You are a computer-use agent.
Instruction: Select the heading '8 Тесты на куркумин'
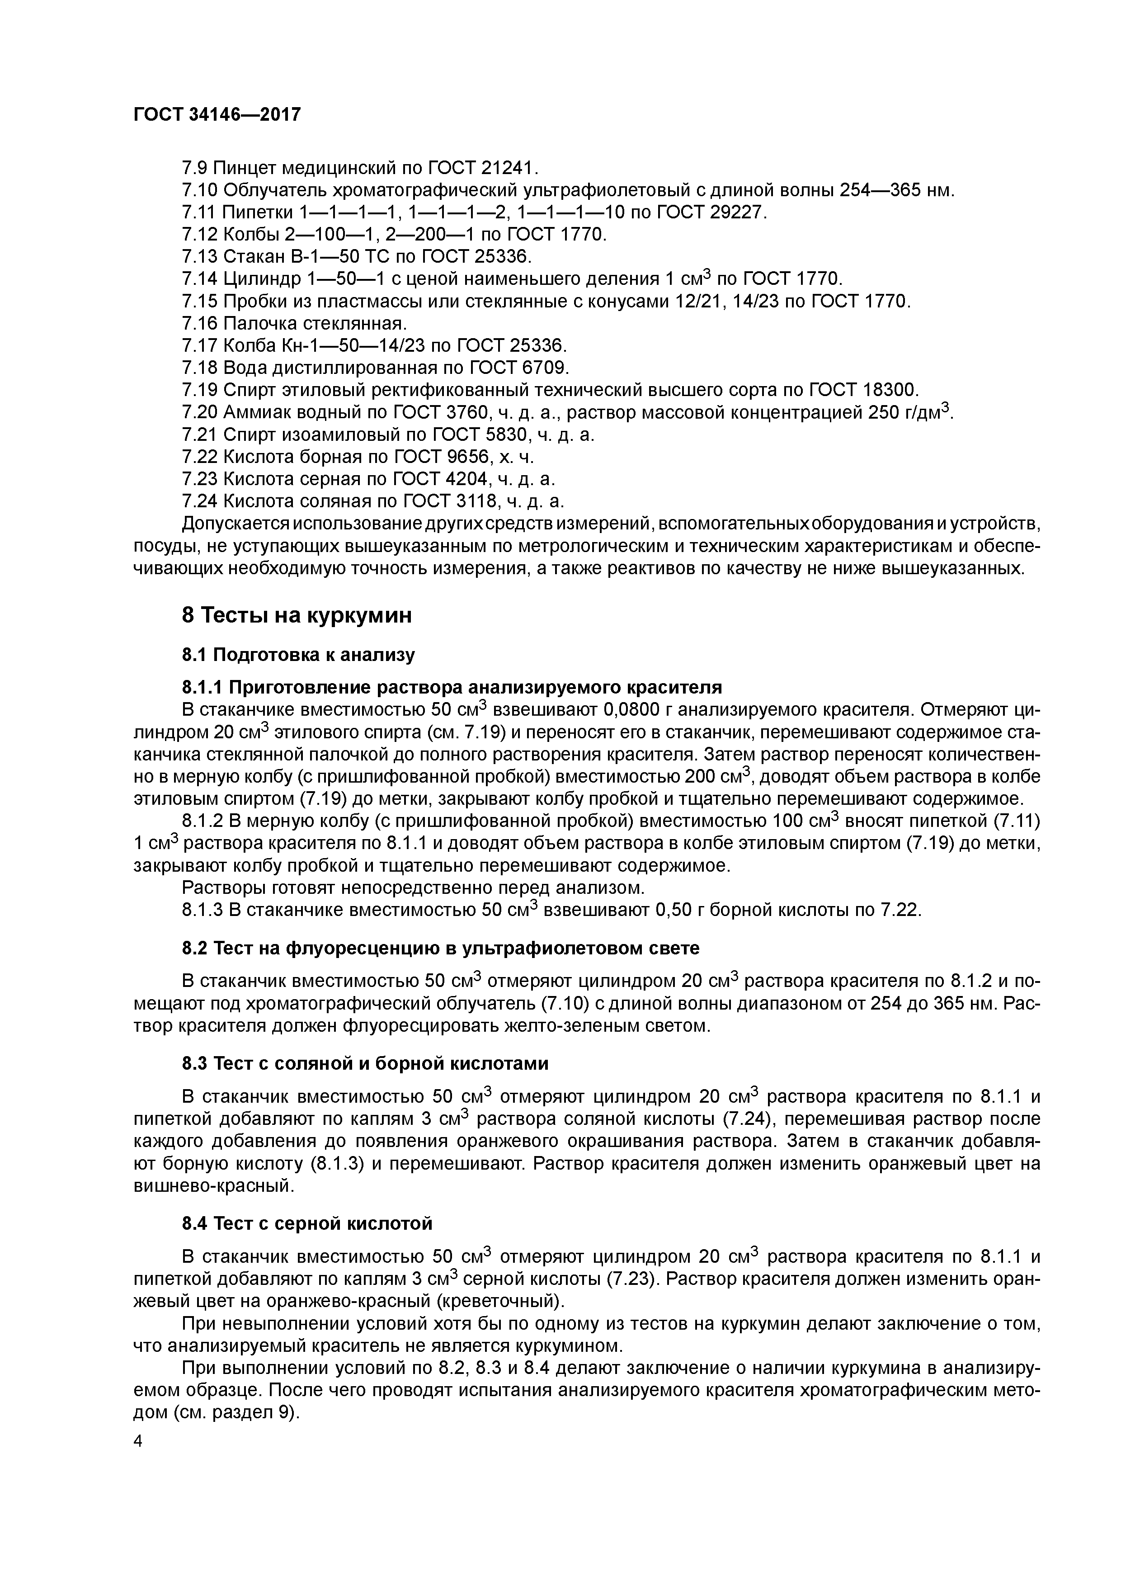click(297, 615)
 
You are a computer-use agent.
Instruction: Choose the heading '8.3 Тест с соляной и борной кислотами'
click(365, 1063)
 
